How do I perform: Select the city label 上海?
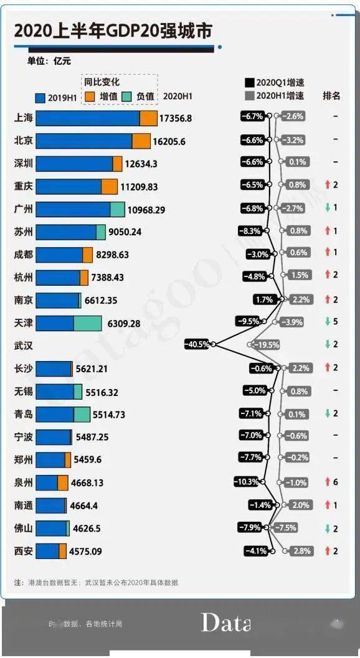click(x=23, y=118)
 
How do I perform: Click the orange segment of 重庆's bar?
click(x=109, y=186)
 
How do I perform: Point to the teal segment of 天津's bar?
click(x=87, y=323)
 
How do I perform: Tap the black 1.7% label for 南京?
click(x=263, y=299)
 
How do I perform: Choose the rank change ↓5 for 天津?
click(x=331, y=322)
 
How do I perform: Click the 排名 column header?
click(x=331, y=95)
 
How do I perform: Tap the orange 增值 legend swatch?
click(x=90, y=96)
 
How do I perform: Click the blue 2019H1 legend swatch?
click(x=40, y=97)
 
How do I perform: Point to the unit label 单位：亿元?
click(x=49, y=61)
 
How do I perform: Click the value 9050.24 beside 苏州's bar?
click(x=125, y=232)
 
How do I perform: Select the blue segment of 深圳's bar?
click(x=73, y=164)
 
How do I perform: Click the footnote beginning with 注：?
click(x=96, y=583)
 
